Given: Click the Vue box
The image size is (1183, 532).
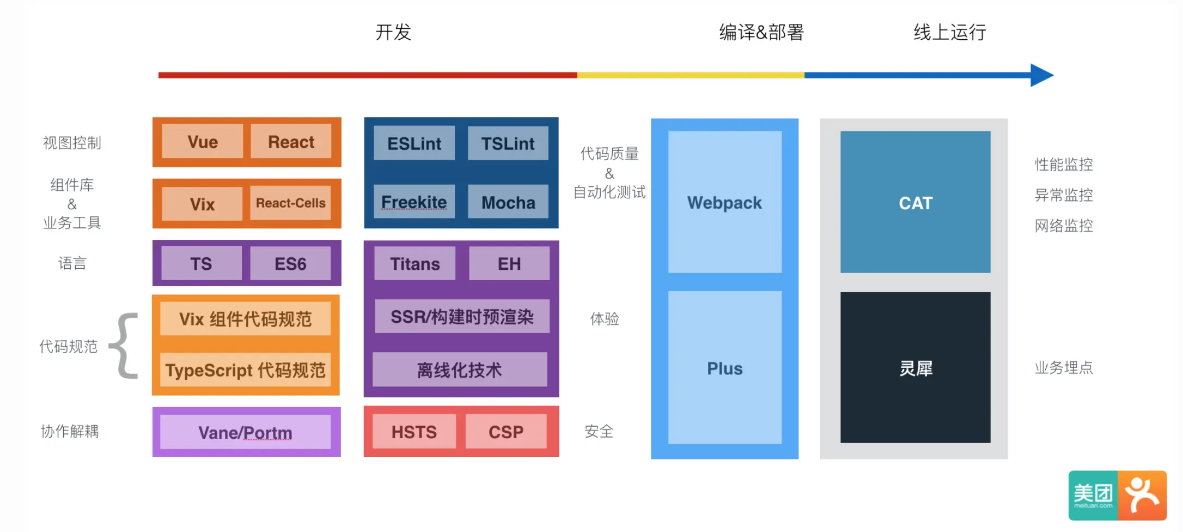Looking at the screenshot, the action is [x=203, y=142].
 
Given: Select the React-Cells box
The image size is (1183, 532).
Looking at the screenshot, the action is [x=290, y=203].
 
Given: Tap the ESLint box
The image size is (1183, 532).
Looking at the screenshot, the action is [x=414, y=143].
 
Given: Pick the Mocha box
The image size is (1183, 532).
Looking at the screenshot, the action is [x=508, y=202].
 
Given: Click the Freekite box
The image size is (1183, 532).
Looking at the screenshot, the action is [x=414, y=202].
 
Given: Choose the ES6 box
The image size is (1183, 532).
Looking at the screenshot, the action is [x=290, y=264].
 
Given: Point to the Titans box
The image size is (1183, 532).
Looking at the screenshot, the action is [x=414, y=264].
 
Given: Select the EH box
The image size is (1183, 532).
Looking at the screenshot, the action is [x=509, y=264].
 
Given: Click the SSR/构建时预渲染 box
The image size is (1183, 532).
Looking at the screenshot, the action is [x=462, y=317].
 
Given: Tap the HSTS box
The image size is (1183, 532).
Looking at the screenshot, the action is [x=414, y=432].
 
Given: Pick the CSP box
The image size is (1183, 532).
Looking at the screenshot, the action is [x=506, y=432].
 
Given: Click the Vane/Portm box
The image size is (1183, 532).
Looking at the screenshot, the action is [x=245, y=432].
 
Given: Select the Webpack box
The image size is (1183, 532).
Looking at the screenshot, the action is [x=724, y=202].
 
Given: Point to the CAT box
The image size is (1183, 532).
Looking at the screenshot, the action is [x=915, y=202].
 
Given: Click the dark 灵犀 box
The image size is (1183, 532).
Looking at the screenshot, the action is [x=915, y=368].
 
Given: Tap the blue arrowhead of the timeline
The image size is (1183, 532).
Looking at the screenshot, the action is [x=1041, y=75].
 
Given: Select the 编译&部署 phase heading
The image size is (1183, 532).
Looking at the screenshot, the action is [x=761, y=32].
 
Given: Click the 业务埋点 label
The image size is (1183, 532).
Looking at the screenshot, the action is [x=1063, y=368].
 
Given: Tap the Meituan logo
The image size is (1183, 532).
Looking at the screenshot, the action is [x=1117, y=495].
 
